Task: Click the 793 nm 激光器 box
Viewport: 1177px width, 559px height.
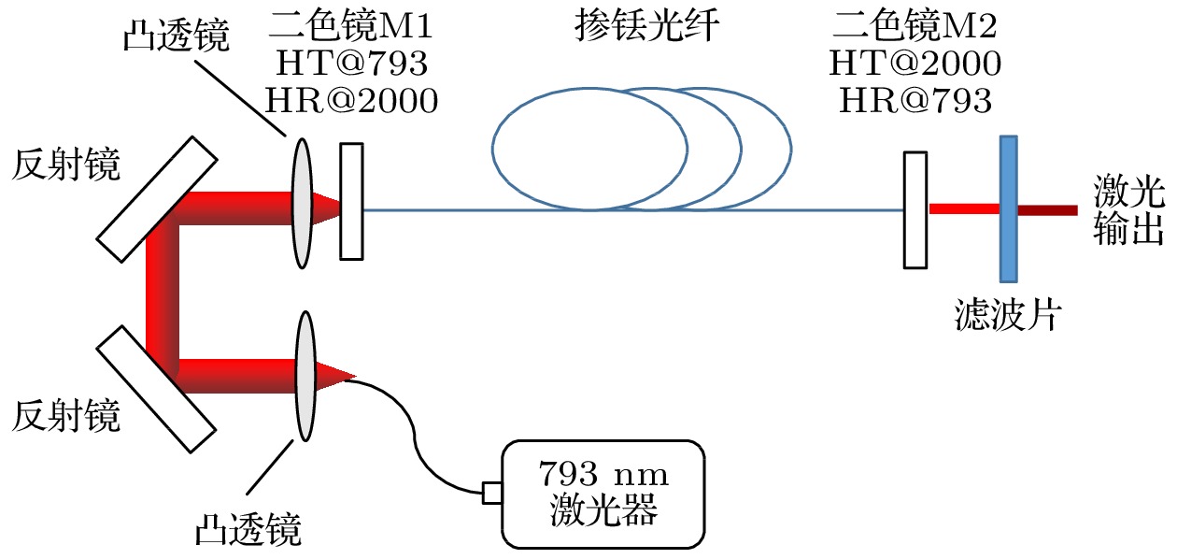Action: click(x=603, y=494)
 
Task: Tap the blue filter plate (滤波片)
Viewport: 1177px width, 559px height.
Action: click(x=1008, y=208)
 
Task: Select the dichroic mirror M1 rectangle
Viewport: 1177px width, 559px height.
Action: click(x=351, y=200)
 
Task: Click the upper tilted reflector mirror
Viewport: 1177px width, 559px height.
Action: click(x=157, y=199)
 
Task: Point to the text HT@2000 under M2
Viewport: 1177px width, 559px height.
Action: click(x=915, y=64)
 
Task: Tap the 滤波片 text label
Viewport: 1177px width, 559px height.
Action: click(x=1008, y=315)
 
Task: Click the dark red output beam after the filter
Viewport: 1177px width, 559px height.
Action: click(x=1046, y=209)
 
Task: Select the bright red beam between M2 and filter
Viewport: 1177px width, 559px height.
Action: click(x=963, y=209)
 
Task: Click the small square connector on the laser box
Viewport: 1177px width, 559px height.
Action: click(x=492, y=493)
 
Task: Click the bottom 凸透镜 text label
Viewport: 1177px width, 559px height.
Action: click(x=248, y=530)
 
